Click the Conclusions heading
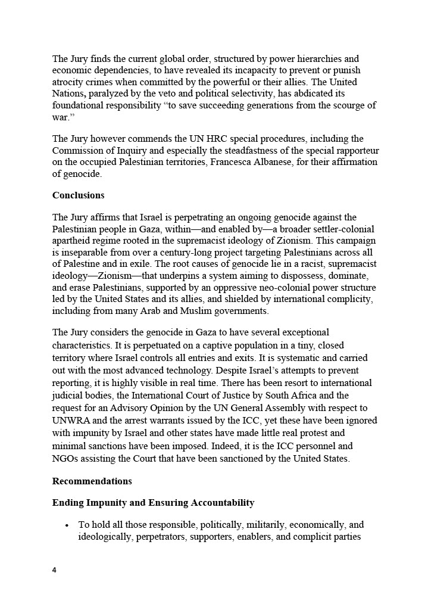tap(78, 195)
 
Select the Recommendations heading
tap(92, 481)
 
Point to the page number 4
tap(54, 570)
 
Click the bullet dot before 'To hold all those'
tap(67, 525)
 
